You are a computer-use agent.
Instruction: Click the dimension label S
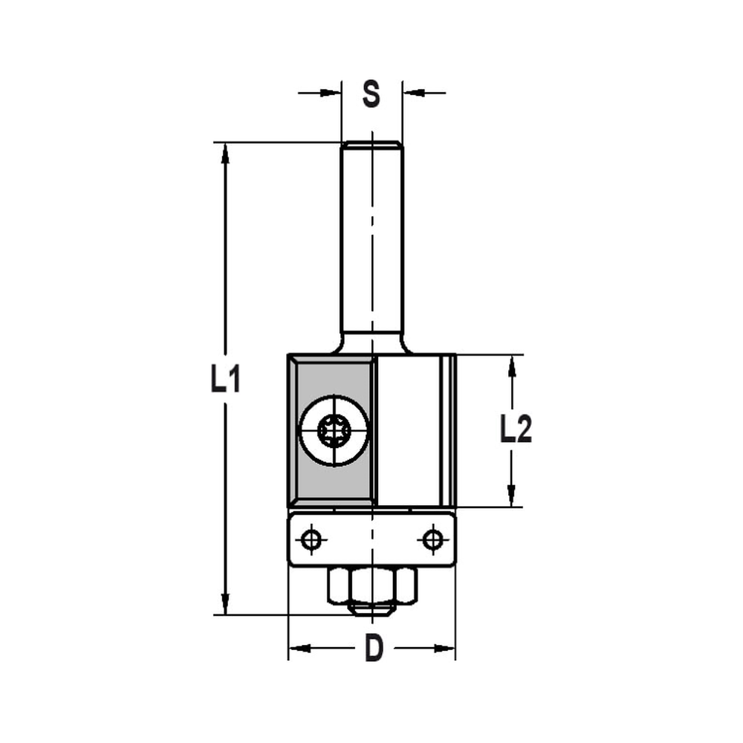[371, 94]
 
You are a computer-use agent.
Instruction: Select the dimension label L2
[516, 430]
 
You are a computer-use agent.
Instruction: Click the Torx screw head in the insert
[334, 430]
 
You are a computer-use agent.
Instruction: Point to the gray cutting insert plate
[312, 476]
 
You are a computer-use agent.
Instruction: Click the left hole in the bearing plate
[312, 539]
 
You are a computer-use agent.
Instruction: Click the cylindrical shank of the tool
[371, 238]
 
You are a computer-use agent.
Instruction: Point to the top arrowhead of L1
[225, 153]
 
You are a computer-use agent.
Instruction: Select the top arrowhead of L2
[511, 366]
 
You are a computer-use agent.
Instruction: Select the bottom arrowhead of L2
[511, 496]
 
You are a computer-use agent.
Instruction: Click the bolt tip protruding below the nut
[371, 609]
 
